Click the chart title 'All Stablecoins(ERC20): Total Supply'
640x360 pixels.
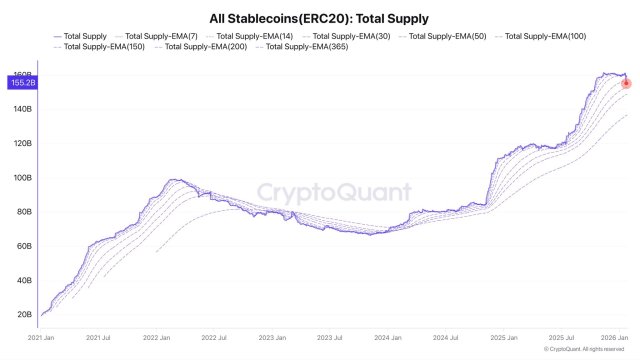tap(320, 18)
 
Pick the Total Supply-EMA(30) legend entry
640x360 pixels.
tap(353, 36)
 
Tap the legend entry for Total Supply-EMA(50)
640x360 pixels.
tap(448, 36)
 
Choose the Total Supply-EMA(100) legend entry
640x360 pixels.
tap(546, 36)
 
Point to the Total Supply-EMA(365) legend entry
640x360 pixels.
tap(311, 47)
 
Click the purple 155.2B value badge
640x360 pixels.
tap(23, 83)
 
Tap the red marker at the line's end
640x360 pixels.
tap(626, 83)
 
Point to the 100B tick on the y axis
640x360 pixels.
tap(23, 178)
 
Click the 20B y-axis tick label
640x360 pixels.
tap(23, 314)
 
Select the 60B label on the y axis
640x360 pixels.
tap(23, 246)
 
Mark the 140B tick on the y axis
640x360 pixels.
tap(23, 110)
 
